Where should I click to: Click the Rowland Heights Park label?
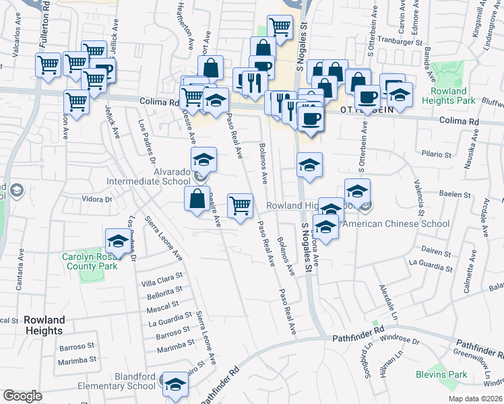point(444,96)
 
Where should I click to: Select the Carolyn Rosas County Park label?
point(90,261)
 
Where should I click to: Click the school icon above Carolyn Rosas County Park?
point(117,241)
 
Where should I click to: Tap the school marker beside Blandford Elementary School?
point(175,384)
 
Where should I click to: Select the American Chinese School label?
point(396,224)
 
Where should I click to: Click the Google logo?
point(22,395)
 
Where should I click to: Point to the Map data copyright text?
point(476,399)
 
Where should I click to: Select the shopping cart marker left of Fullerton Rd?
point(49,66)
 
